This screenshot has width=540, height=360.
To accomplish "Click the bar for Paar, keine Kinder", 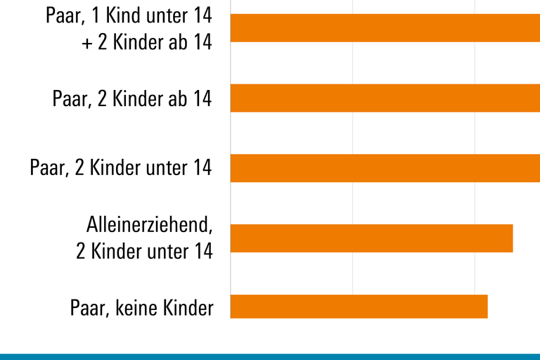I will click(x=359, y=307).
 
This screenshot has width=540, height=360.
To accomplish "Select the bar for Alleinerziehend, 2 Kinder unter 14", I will click(x=371, y=238).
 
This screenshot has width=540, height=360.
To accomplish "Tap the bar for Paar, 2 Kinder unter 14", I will click(x=385, y=168).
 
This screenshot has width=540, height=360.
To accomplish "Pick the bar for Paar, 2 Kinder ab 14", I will click(x=385, y=98).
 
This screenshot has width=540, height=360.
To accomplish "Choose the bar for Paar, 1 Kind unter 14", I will click(x=385, y=27).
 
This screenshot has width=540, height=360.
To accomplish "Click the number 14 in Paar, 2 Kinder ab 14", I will click(x=202, y=98).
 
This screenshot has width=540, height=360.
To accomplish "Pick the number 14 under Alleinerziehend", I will click(x=202, y=251).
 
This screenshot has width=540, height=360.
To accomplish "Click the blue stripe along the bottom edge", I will click(x=270, y=356).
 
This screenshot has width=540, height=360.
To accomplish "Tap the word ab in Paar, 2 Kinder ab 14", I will click(x=176, y=98).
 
